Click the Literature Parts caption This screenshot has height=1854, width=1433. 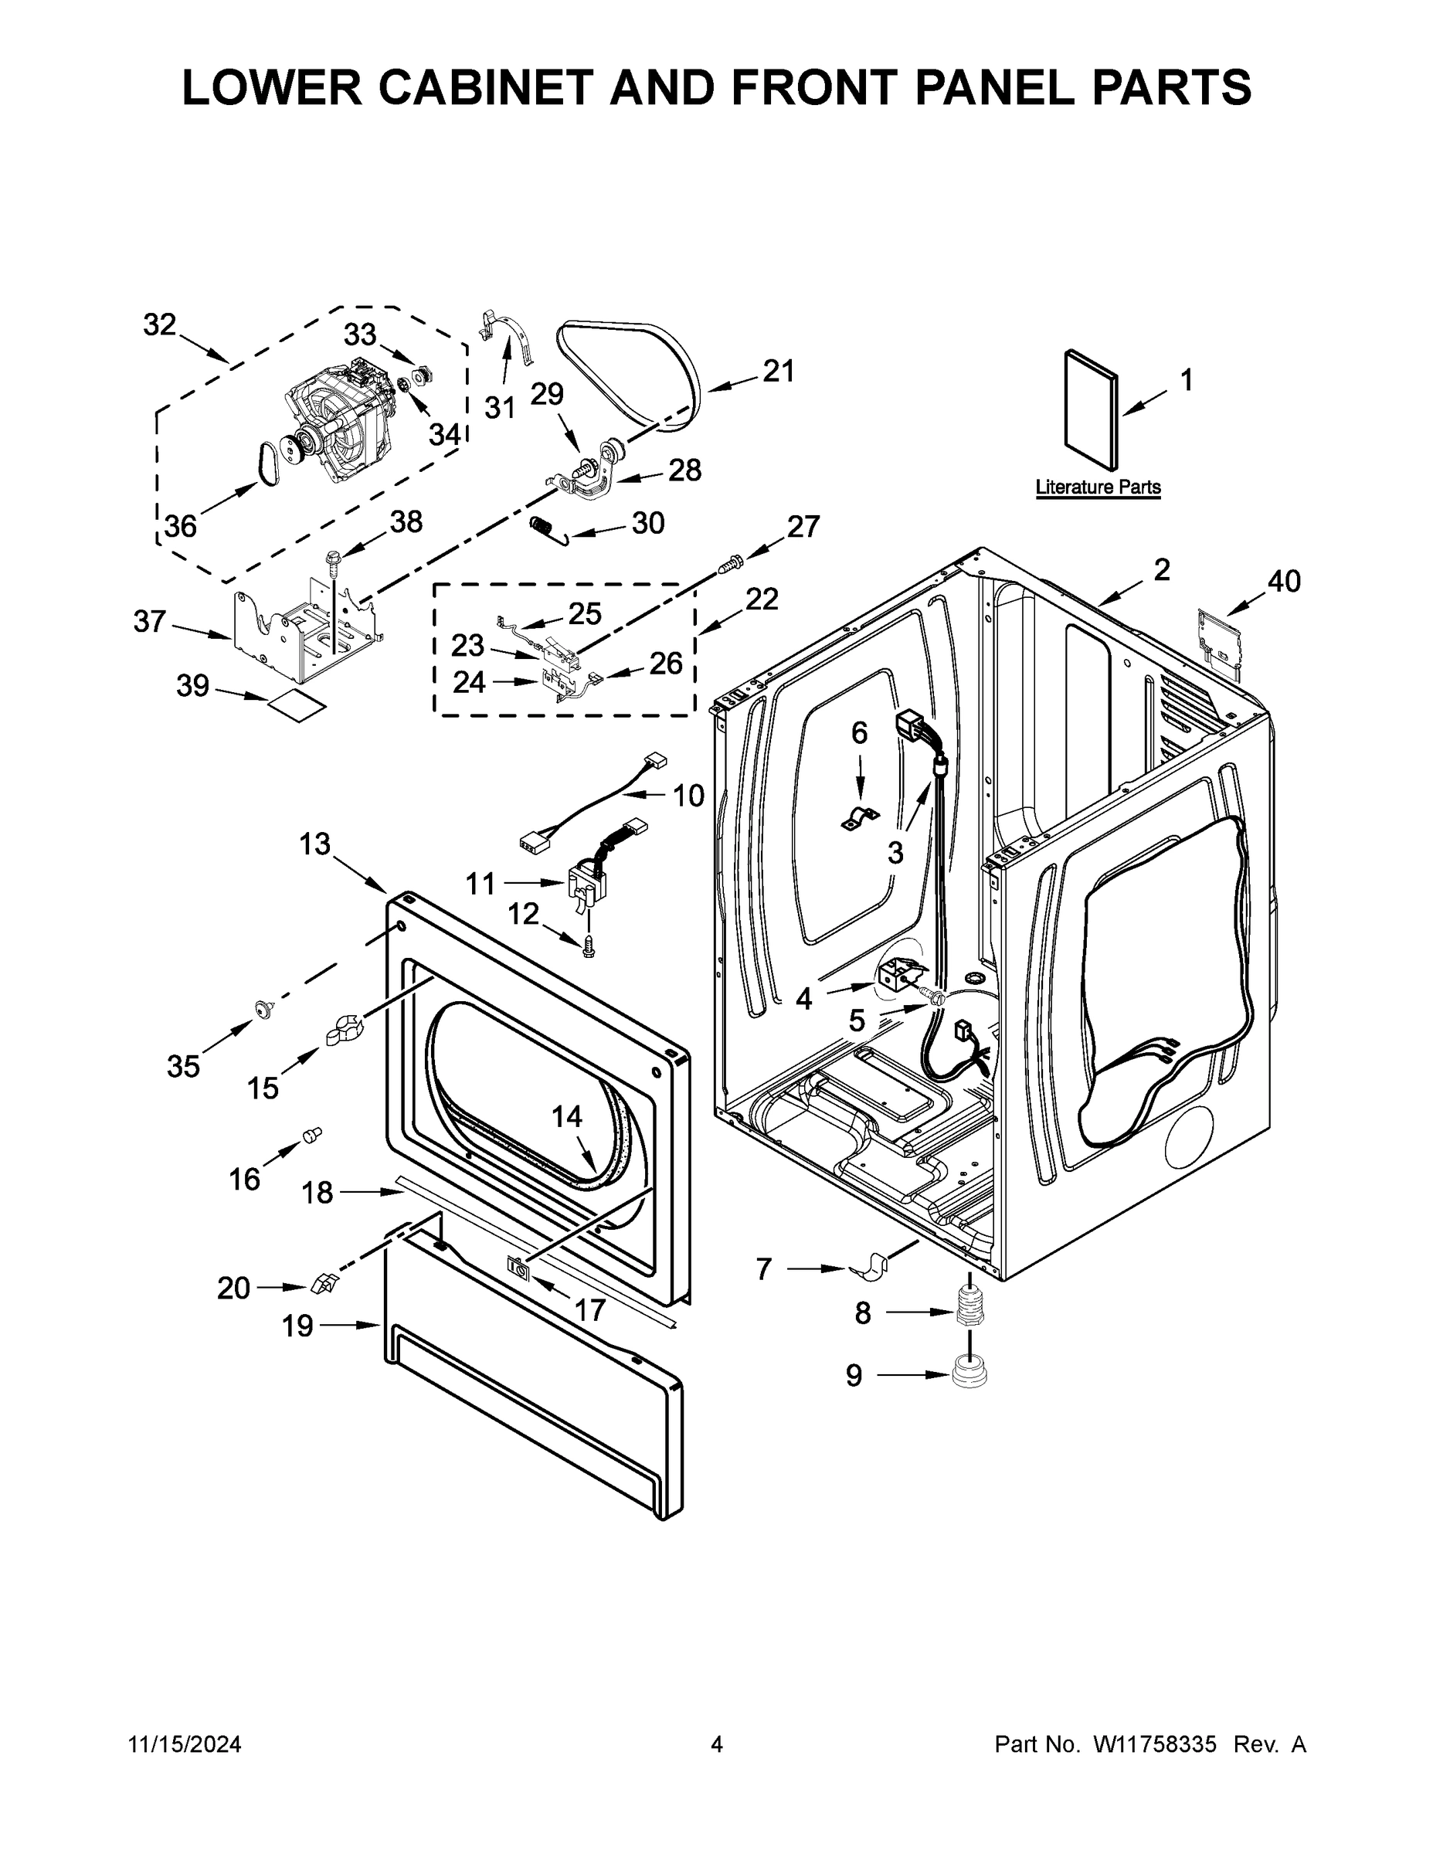pos(1098,487)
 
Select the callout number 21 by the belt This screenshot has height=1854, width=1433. pos(778,371)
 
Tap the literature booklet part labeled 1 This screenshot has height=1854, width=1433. pos(1090,409)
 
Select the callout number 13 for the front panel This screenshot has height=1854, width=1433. pos(314,844)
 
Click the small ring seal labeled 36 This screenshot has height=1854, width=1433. pos(267,464)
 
